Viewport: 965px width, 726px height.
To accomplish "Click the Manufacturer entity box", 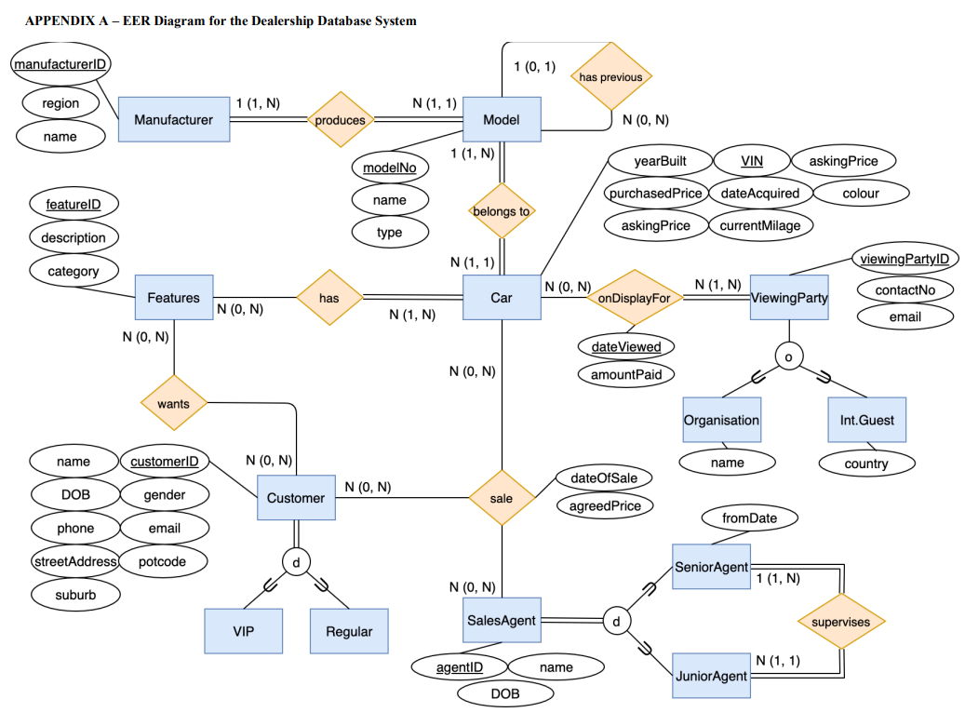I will tap(174, 119).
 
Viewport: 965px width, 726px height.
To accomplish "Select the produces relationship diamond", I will tap(340, 119).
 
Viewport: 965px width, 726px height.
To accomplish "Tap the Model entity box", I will tap(502, 119).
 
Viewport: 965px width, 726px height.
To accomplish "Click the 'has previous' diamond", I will tap(610, 77).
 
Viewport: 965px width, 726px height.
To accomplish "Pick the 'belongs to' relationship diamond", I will tap(502, 211).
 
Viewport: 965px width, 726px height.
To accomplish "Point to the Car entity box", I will tap(502, 298).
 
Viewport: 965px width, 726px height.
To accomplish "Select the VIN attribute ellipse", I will tap(752, 161).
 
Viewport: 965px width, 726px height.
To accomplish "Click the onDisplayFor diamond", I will tap(634, 298).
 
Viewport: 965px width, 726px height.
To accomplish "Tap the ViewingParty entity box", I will tap(789, 298).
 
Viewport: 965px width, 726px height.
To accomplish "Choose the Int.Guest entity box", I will tap(866, 420).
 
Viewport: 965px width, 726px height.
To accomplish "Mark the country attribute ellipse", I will tap(866, 464).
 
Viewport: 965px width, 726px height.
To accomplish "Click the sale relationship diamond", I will tap(502, 498).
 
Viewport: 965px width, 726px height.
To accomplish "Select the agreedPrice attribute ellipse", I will tap(605, 505).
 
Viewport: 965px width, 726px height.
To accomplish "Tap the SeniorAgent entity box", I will tap(711, 567).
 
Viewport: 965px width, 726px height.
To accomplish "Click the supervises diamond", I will tap(841, 621).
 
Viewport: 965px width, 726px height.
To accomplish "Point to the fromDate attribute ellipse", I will tap(749, 517).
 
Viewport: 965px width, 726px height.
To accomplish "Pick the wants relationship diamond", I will tap(173, 404).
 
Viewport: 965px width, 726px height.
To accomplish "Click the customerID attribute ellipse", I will tap(165, 462).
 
